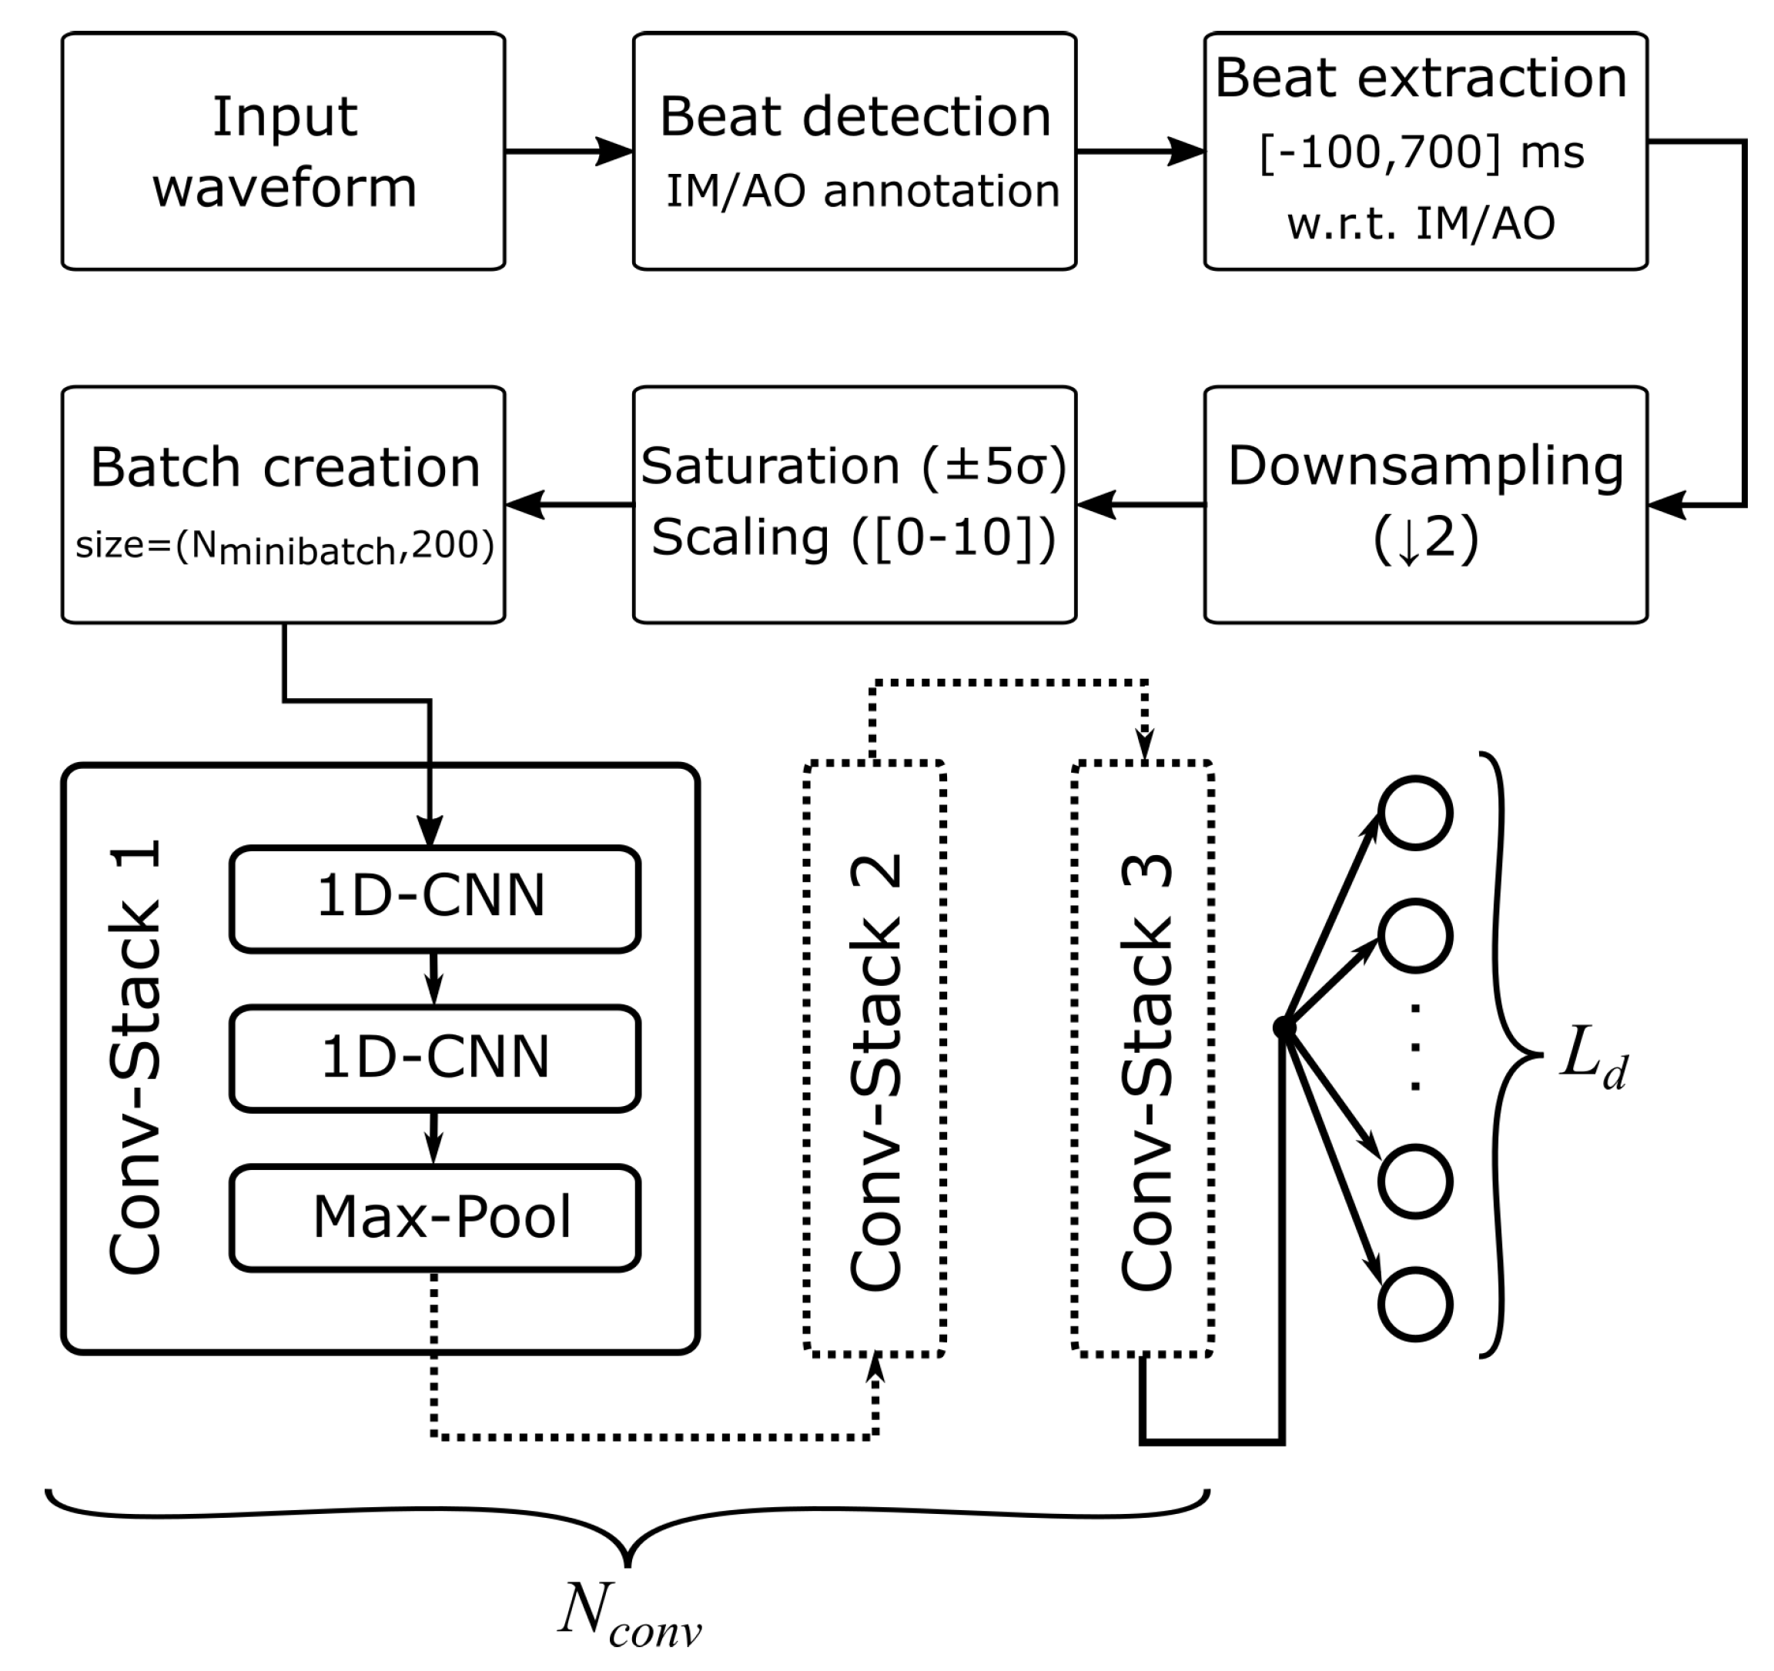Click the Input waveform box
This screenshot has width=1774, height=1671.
(284, 152)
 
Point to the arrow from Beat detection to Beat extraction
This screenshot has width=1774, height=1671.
(1140, 151)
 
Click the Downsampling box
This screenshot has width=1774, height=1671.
(1425, 504)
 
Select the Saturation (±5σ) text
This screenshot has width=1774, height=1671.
(854, 466)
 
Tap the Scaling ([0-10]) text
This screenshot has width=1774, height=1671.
(854, 537)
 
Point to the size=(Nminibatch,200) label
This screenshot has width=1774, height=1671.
(284, 546)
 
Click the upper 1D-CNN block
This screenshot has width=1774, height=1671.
(434, 898)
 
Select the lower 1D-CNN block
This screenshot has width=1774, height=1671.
(434, 1058)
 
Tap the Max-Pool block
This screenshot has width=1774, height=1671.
(434, 1218)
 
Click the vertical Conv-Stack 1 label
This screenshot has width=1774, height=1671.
(136, 1058)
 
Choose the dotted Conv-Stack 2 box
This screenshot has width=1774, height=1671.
(875, 1058)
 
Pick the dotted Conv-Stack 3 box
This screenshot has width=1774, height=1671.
(1143, 1058)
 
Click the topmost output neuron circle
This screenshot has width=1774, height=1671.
(1415, 813)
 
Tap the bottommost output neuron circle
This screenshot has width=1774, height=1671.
(1415, 1303)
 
